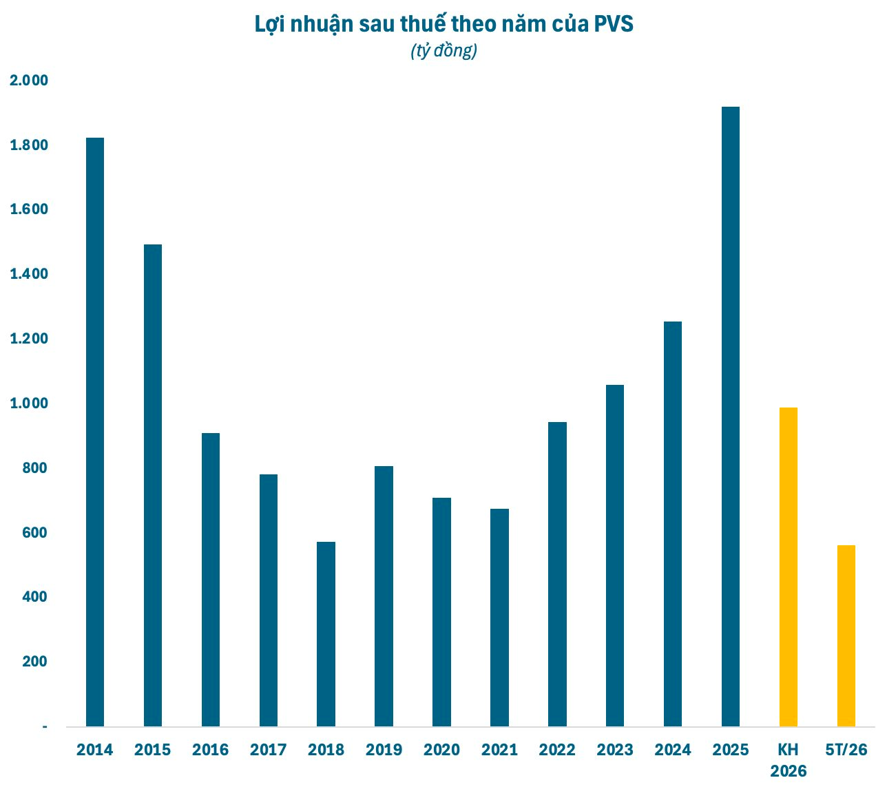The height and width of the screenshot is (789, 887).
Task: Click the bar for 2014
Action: (94, 432)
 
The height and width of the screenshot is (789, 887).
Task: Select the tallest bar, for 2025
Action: (730, 417)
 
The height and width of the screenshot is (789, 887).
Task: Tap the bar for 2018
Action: (326, 635)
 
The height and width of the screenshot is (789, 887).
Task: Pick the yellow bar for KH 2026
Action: (788, 567)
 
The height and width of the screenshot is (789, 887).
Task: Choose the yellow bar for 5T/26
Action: (846, 636)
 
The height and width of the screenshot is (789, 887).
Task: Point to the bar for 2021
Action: (499, 618)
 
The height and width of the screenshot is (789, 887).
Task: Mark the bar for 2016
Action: (210, 580)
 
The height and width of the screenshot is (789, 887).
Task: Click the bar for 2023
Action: (615, 556)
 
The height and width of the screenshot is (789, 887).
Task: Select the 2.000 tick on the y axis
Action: (29, 81)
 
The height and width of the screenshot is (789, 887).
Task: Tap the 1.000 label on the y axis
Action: (29, 403)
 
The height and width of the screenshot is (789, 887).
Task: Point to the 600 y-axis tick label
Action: (34, 532)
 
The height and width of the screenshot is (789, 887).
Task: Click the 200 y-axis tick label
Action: (34, 662)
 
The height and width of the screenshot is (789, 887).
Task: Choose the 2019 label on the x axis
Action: (384, 750)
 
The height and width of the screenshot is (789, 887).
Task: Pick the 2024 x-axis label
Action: (672, 750)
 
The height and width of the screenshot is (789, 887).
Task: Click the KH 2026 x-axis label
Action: (788, 761)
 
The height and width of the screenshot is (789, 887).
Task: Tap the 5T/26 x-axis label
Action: (846, 750)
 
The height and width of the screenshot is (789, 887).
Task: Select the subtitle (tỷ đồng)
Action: (443, 51)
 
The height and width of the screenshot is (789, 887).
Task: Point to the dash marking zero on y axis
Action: (45, 727)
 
